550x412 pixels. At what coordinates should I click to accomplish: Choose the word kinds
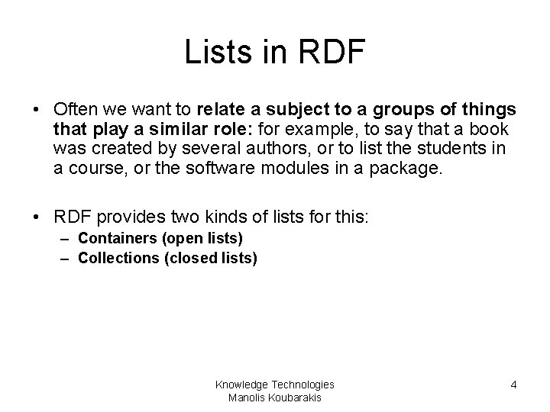(x=199, y=218)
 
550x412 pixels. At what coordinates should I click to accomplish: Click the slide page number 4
(x=513, y=385)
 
